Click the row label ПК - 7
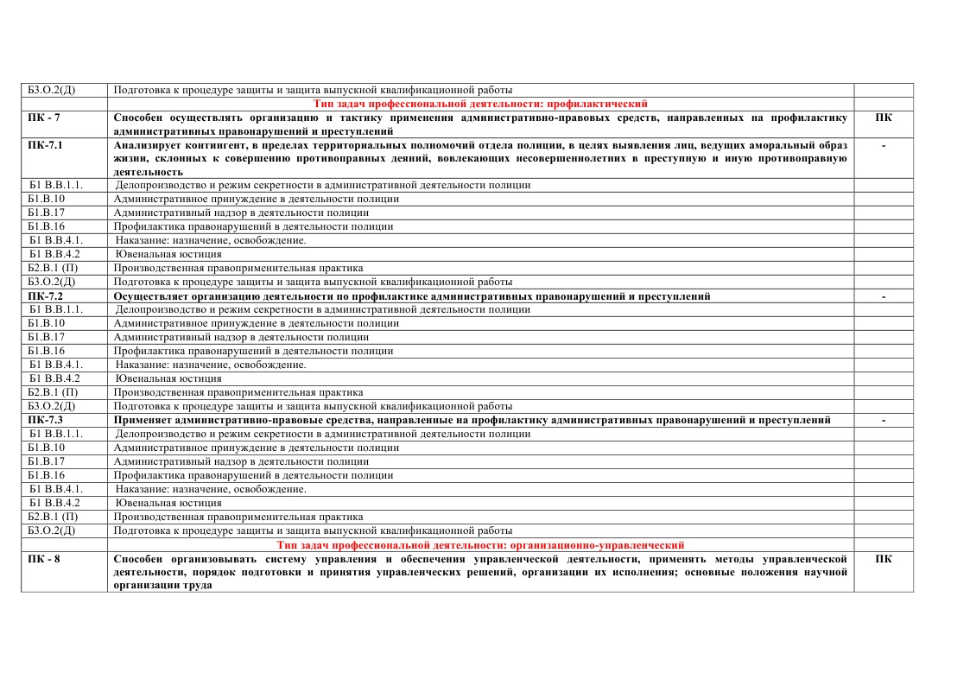pyautogui.click(x=44, y=118)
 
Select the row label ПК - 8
pyautogui.click(x=44, y=559)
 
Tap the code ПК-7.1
pyautogui.click(x=45, y=145)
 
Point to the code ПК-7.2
pyautogui.click(x=45, y=296)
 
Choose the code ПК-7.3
pyautogui.click(x=45, y=420)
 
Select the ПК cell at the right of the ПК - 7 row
pyautogui.click(x=883, y=118)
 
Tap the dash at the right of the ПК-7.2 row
pyautogui.click(x=883, y=296)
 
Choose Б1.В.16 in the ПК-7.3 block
pyautogui.click(x=47, y=475)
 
